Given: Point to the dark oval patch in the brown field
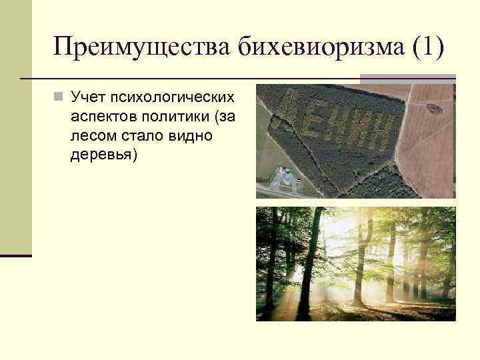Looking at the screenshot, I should [x=438, y=107].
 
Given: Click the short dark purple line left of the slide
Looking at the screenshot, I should [x=16, y=255].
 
